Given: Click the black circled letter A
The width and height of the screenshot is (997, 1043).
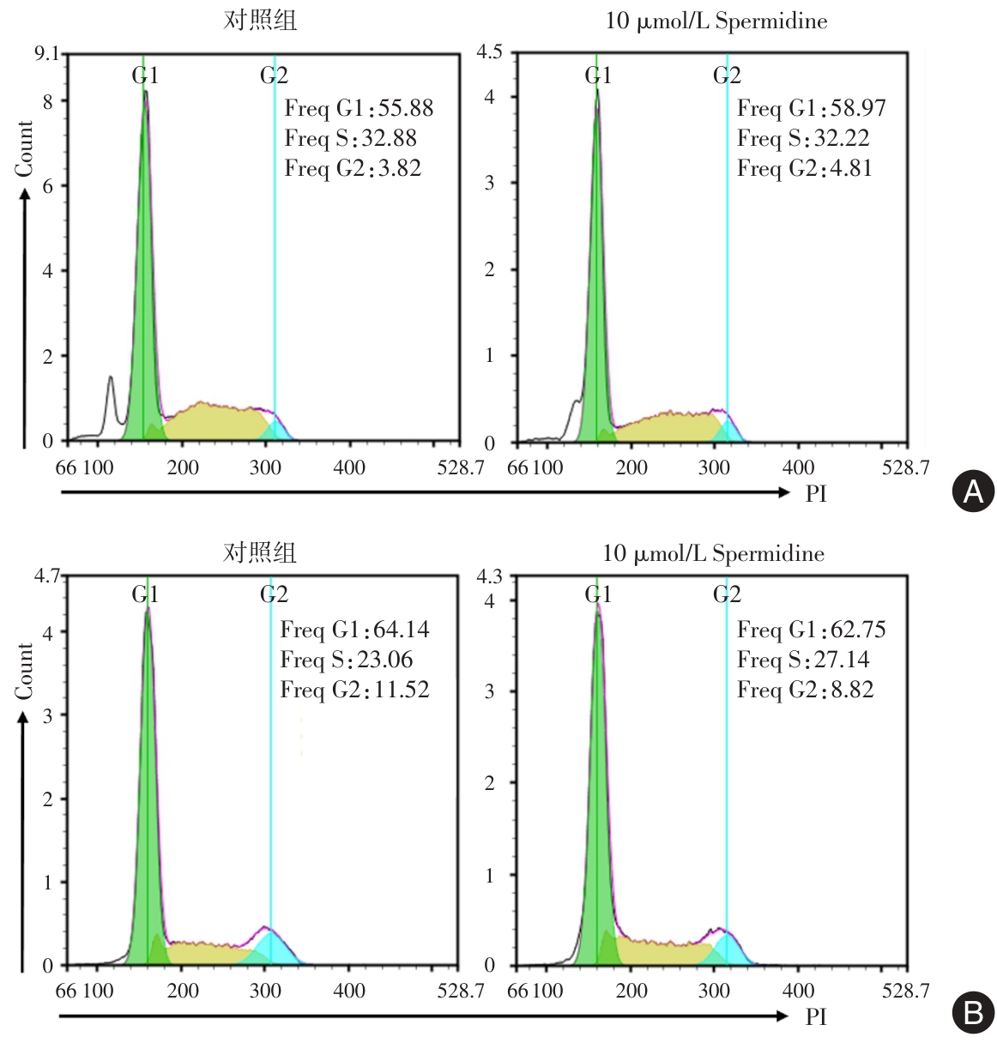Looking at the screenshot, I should point(973,491).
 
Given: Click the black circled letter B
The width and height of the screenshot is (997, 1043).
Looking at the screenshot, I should point(973,1013).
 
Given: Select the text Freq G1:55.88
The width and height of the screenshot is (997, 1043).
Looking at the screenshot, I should point(359,108).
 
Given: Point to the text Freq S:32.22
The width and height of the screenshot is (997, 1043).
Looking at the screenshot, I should point(803,138).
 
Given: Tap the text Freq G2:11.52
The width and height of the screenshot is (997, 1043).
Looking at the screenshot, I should point(354,690).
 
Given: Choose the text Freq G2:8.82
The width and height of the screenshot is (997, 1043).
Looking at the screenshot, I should point(805,690).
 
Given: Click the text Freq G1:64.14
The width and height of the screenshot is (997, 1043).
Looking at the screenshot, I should point(354,630).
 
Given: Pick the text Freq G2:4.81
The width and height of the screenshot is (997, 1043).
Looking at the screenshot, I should point(804,168).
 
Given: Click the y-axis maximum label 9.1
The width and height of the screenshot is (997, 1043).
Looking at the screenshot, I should point(46,54).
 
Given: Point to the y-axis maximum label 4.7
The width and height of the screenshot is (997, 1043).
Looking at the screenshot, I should point(46,576).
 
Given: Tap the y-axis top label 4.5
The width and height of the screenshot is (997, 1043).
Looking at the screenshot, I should point(489,52).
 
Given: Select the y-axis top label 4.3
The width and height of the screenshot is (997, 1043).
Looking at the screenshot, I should point(489,576).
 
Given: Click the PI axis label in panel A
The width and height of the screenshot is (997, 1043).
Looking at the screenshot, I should point(816,493).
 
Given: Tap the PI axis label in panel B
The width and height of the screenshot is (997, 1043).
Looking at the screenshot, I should point(816,1016).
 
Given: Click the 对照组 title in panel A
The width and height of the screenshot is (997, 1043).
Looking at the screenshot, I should point(260,20).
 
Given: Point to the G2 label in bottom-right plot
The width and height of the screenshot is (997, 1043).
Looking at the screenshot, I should point(727,594).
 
